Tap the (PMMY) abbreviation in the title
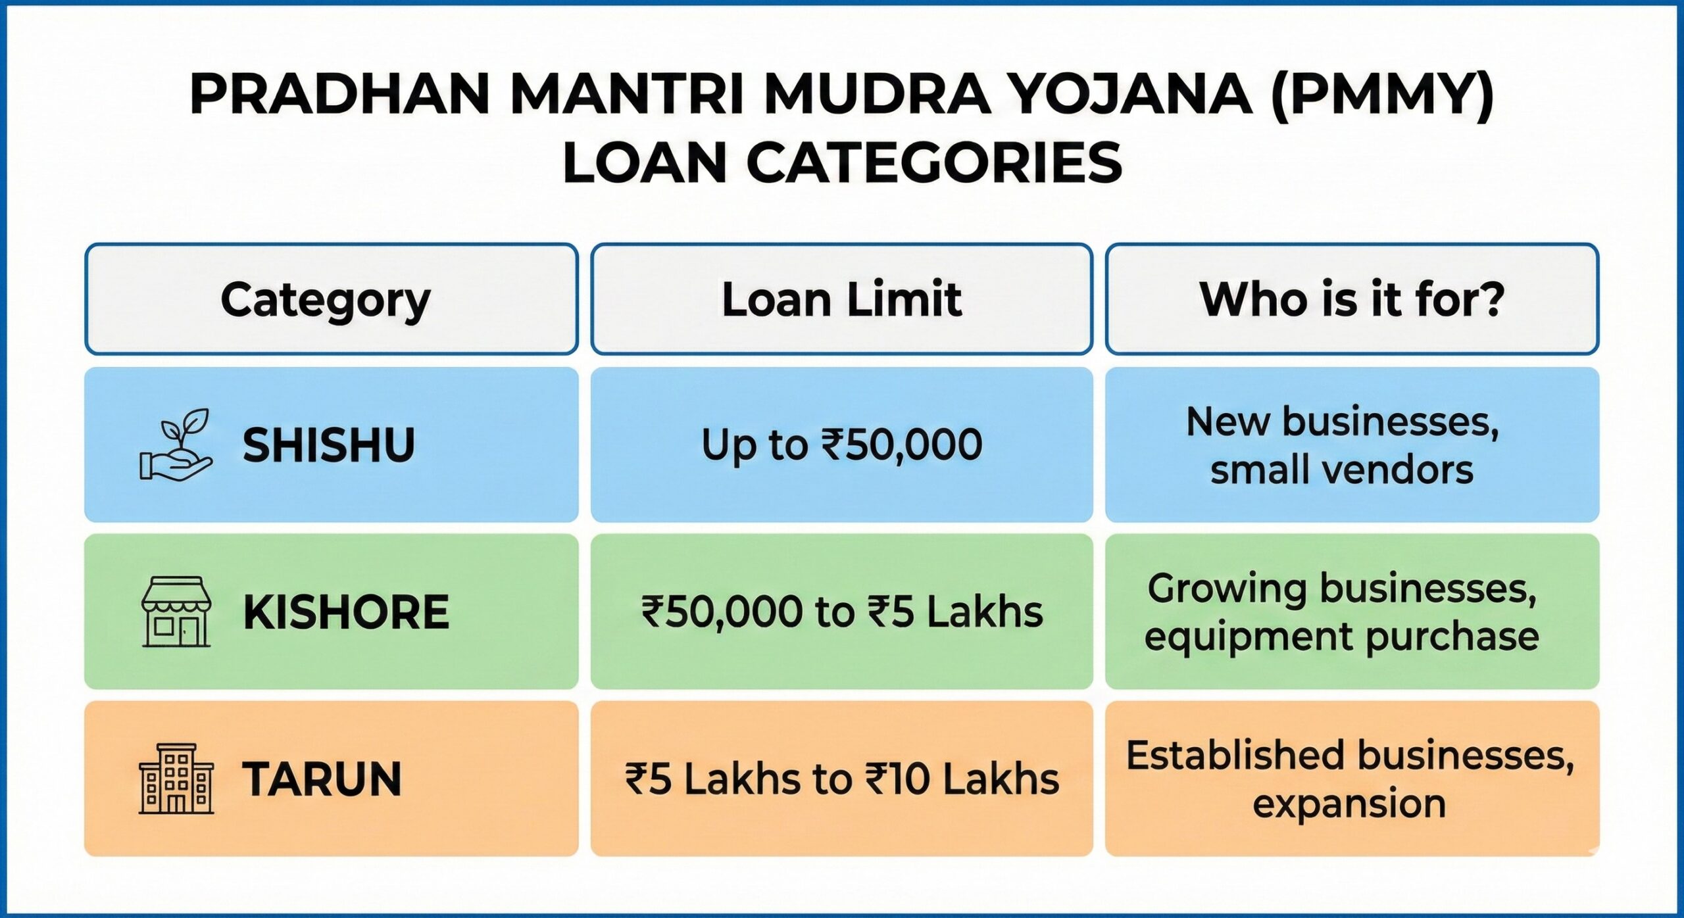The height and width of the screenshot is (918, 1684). (1381, 95)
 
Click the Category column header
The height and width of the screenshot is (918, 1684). (326, 300)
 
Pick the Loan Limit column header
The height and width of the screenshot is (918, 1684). (841, 300)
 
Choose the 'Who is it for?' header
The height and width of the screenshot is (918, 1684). (1352, 300)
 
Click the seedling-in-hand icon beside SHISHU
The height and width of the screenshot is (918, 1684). (176, 445)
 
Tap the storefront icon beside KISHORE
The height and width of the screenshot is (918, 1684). (176, 612)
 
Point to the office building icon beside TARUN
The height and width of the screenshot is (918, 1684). (176, 779)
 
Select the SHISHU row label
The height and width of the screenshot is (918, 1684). (329, 445)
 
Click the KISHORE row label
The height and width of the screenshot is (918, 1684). (346, 612)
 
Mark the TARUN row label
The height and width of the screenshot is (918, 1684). (322, 779)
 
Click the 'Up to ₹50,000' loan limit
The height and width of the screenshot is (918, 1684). (841, 445)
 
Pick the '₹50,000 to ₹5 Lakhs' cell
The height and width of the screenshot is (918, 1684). (841, 612)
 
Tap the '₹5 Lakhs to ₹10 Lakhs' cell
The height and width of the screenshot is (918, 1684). (841, 779)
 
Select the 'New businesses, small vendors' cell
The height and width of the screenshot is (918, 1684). (1342, 445)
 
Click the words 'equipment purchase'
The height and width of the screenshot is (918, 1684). (1342, 637)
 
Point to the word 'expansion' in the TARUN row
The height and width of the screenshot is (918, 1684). (1349, 804)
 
